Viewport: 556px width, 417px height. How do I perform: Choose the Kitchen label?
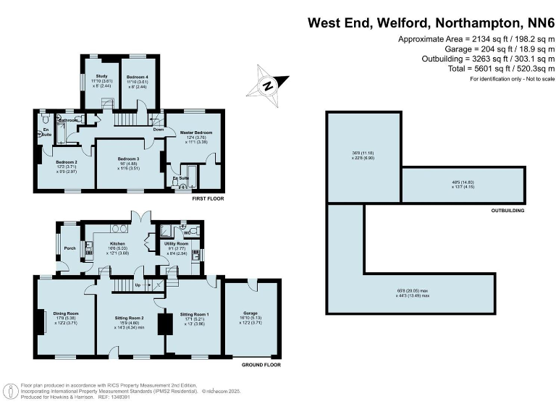117,243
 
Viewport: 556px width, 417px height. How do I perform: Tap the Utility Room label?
177,244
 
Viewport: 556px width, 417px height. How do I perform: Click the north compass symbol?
268,84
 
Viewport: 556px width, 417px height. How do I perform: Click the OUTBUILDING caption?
506,211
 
